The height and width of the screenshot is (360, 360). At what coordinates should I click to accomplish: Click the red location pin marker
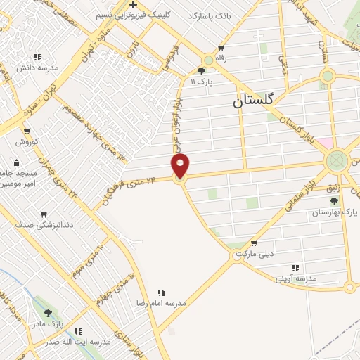(x=181, y=165)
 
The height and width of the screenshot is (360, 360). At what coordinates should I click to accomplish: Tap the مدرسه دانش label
(x=37, y=68)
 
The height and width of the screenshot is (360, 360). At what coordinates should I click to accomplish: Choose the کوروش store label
(x=26, y=141)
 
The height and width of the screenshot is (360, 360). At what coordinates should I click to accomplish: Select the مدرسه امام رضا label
(x=161, y=302)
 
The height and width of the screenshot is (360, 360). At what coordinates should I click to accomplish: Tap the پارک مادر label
(x=48, y=324)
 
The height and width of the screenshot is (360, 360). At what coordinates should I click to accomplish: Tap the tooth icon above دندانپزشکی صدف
(x=44, y=214)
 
